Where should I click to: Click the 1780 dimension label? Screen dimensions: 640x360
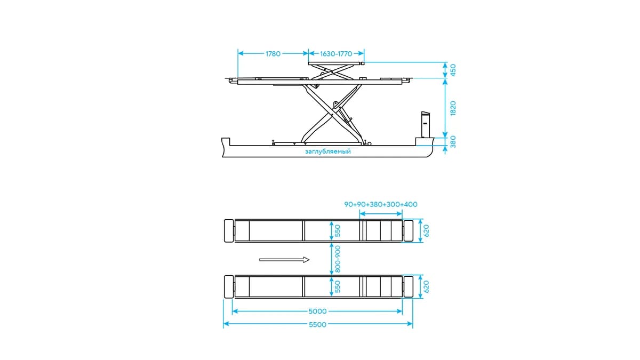(x=273, y=54)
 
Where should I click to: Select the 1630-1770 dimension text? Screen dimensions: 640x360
(x=336, y=54)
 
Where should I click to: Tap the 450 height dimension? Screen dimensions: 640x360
(x=453, y=70)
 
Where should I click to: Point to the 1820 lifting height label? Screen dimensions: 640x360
(x=453, y=108)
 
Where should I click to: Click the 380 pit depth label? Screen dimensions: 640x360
(x=453, y=142)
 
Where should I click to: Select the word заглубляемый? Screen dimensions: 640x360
(x=327, y=151)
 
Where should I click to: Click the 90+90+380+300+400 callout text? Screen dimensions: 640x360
(x=381, y=204)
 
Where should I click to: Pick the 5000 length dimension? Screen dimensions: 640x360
(x=317, y=311)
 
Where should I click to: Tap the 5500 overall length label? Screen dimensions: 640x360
(x=317, y=325)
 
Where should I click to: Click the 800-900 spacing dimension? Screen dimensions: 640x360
(x=338, y=259)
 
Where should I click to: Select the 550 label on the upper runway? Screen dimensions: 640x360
(x=338, y=230)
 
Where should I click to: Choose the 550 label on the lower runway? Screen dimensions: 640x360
(x=338, y=286)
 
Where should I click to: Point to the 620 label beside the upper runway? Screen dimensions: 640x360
(x=426, y=230)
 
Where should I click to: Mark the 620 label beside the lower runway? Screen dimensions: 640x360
(x=426, y=286)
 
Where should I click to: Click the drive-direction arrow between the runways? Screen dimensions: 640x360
(x=284, y=260)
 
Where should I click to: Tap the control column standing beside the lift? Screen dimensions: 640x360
(x=426, y=125)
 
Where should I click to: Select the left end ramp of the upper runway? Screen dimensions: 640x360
(x=229, y=231)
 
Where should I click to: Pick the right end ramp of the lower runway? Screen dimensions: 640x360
(x=408, y=287)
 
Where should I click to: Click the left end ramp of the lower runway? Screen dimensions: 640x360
(x=229, y=287)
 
